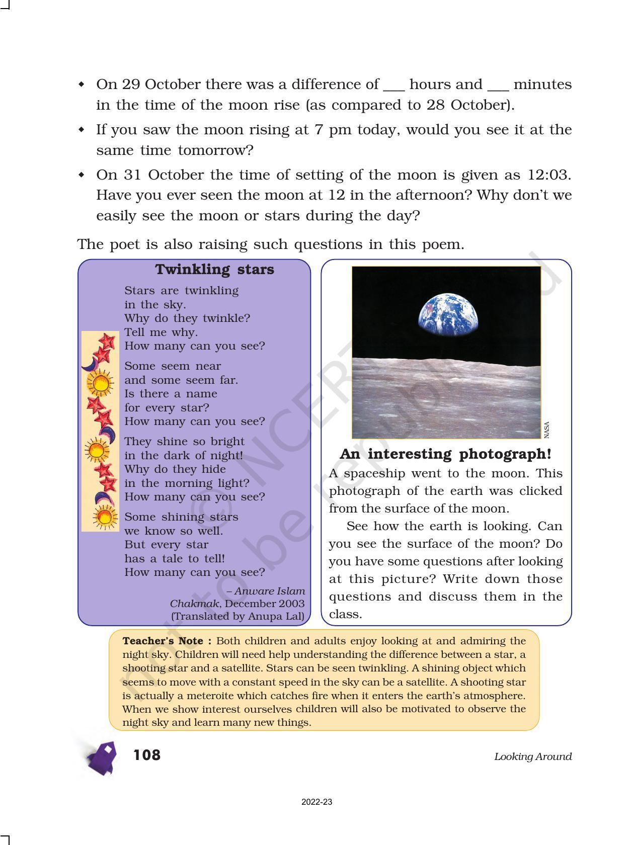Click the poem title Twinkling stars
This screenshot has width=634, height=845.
click(215, 270)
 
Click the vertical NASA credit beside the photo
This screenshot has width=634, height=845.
click(547, 429)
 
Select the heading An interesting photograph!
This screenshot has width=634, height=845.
click(445, 454)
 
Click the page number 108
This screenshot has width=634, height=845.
click(146, 755)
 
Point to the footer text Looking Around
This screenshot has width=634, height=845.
click(533, 756)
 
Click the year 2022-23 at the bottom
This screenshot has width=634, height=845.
click(316, 802)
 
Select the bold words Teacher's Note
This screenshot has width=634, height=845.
click(167, 641)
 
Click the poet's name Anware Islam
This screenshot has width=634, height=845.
click(269, 591)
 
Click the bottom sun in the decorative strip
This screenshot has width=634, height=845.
click(104, 517)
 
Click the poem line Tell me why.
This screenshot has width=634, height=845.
click(161, 332)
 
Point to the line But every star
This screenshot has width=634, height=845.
click(166, 545)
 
